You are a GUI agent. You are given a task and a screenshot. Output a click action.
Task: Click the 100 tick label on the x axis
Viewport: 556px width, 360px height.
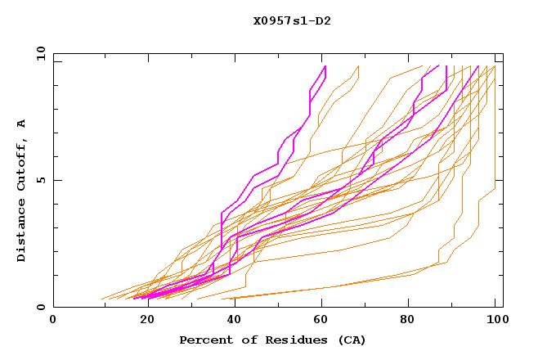[x=495, y=320]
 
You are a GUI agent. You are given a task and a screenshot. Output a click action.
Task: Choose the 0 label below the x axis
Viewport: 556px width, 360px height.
[x=53, y=320]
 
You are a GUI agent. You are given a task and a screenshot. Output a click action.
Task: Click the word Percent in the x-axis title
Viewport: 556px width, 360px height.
[x=204, y=340]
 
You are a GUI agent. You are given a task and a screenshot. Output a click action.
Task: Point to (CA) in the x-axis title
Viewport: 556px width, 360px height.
[x=352, y=340]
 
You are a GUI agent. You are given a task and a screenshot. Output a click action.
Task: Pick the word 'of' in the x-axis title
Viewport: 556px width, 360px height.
[x=244, y=340]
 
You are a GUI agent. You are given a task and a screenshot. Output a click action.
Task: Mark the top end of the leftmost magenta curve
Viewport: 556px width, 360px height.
[x=325, y=65]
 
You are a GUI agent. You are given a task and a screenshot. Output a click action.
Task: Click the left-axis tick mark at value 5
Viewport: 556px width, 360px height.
[x=56, y=180]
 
